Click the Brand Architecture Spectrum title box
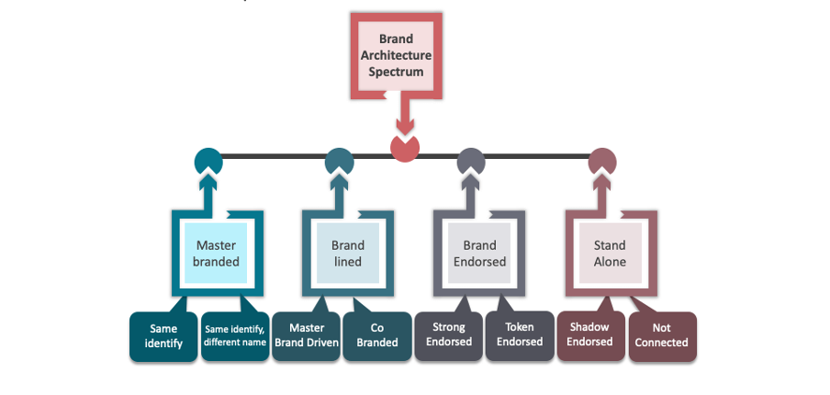396,55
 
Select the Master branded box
218,253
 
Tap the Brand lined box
348,253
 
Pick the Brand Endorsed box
479,253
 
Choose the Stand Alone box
610,253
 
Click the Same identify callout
163,335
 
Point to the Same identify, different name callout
235,335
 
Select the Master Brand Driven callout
307,335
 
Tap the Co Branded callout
376,335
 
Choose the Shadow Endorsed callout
589,335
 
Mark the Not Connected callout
662,335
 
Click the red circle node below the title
405,148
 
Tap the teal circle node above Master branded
208,161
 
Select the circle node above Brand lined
339,161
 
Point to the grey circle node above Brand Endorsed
470,161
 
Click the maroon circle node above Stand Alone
600,161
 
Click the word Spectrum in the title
396,71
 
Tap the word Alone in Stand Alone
610,262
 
